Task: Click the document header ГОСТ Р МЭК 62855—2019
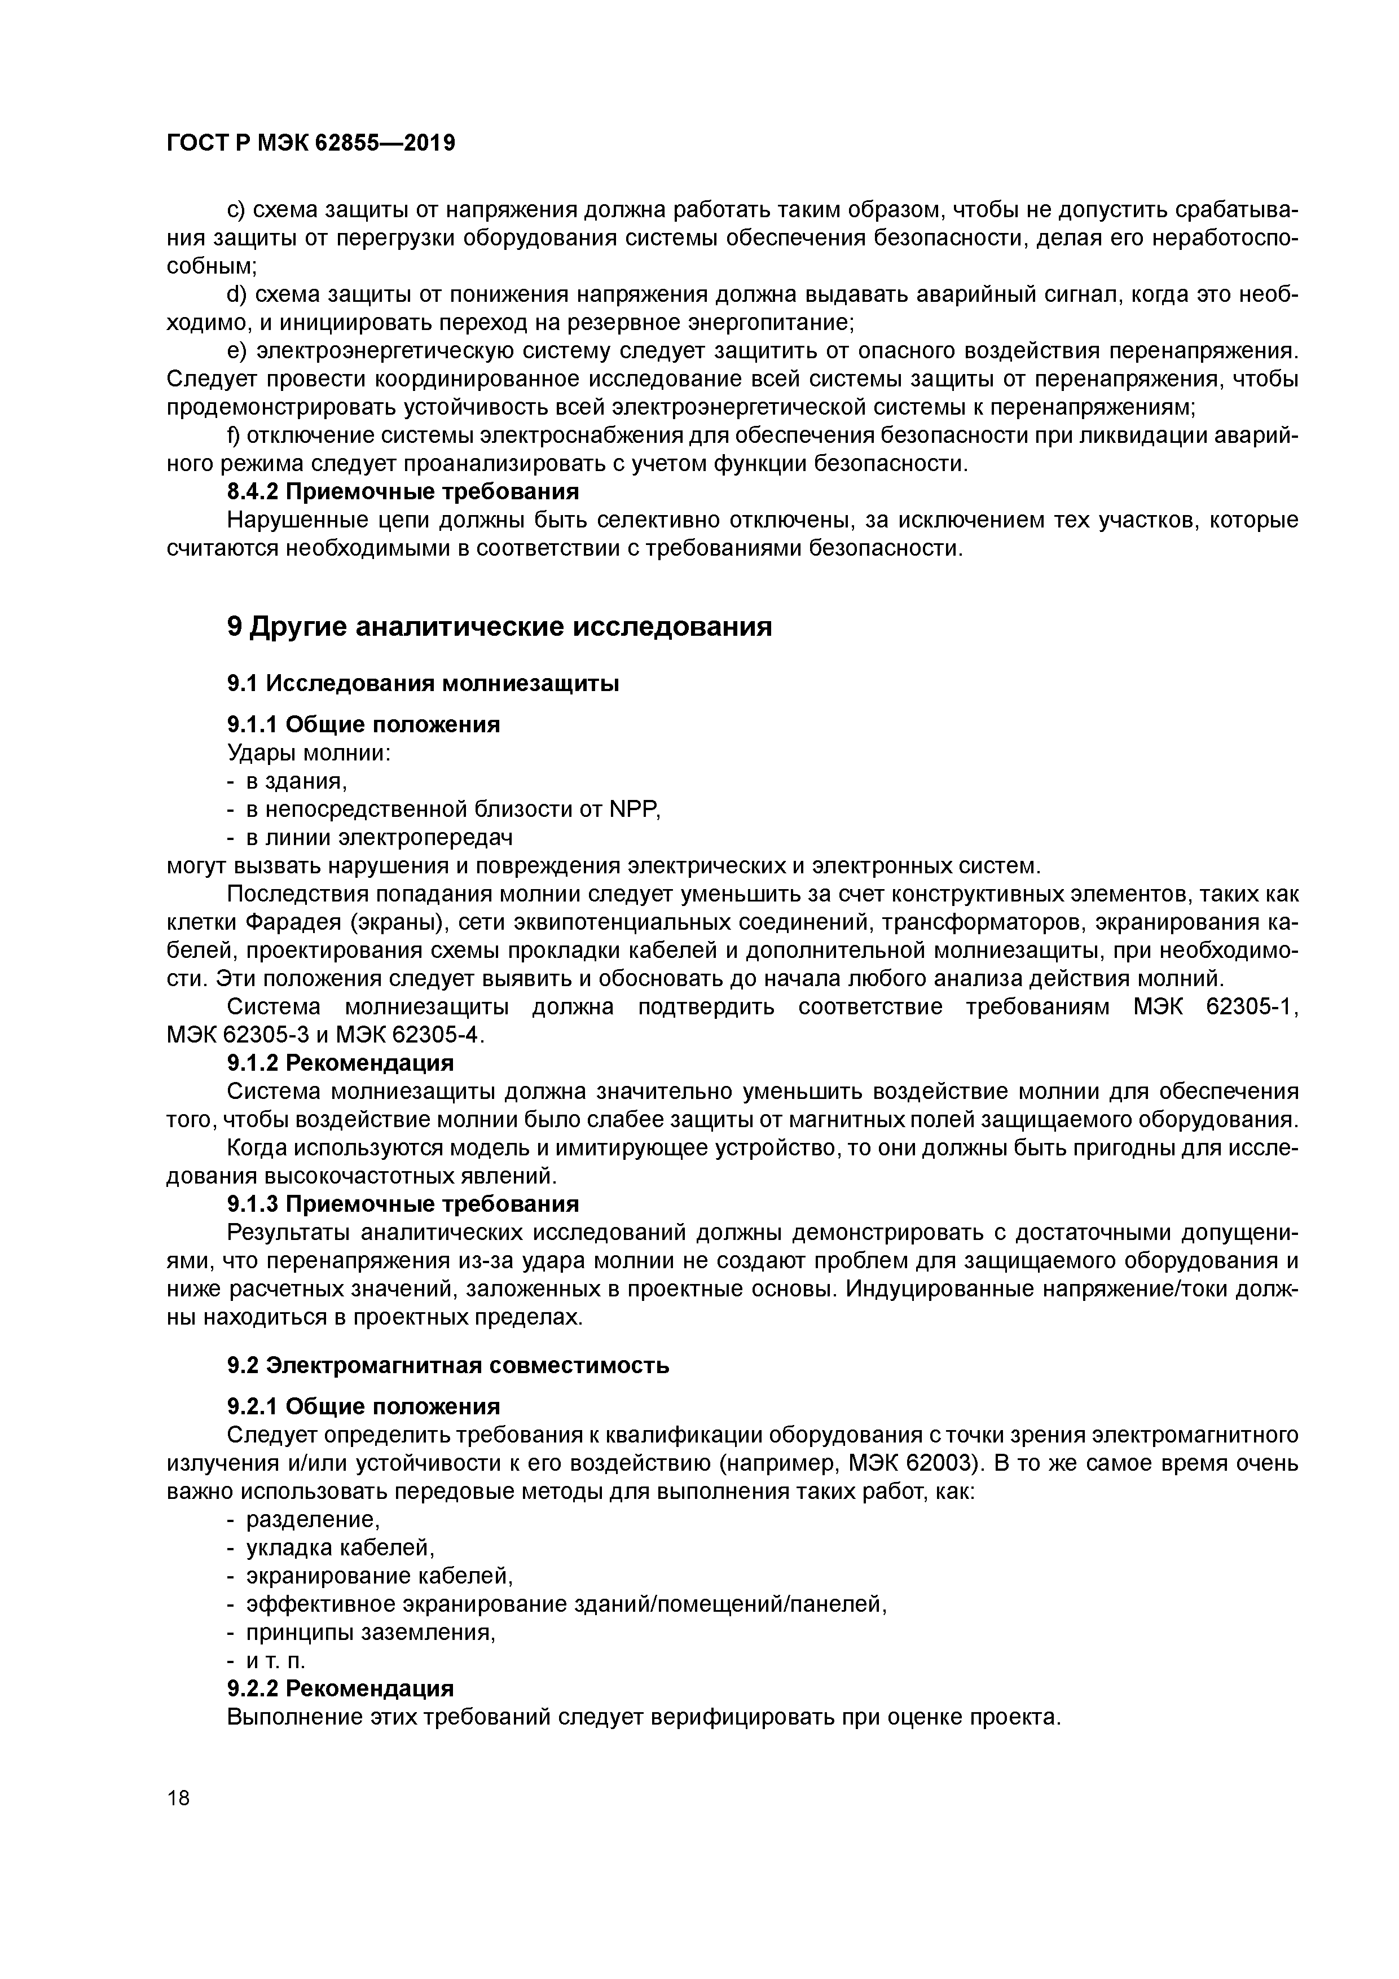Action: (310, 143)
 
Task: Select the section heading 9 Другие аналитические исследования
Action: (499, 627)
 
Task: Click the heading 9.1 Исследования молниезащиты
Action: (423, 684)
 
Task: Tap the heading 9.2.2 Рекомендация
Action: (341, 1688)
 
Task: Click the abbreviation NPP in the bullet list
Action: (633, 810)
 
